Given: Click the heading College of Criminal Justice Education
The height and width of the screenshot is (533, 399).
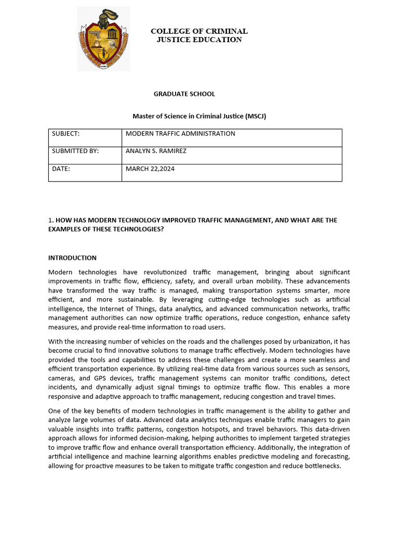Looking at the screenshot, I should (x=199, y=35).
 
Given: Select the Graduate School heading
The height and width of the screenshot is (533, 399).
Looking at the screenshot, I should (x=184, y=94).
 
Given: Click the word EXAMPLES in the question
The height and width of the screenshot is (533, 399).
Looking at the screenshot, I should (x=64, y=230).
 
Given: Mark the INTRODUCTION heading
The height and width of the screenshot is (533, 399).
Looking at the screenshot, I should (x=72, y=258).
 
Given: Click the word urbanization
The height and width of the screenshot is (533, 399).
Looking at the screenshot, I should (x=318, y=341).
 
